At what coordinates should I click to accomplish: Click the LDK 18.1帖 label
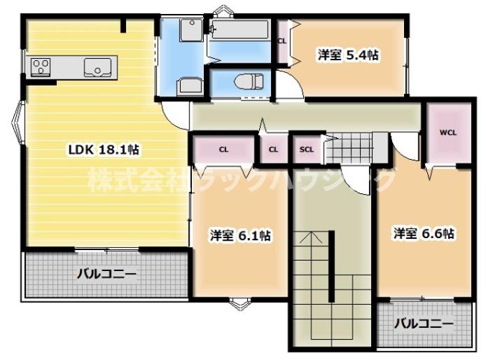coord(103,149)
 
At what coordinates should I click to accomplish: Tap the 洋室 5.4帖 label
coord(347,55)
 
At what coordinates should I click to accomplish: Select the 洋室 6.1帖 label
coord(239,236)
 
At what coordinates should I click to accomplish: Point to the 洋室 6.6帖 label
coord(424,233)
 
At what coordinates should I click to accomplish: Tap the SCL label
coord(307,149)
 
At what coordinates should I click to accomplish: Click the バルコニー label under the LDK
coord(106,274)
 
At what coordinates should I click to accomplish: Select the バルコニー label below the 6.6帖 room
coord(422,324)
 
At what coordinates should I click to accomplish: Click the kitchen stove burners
coord(40,67)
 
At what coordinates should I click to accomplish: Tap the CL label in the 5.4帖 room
coord(282,41)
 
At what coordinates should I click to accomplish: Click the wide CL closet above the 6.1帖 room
coord(223,149)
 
